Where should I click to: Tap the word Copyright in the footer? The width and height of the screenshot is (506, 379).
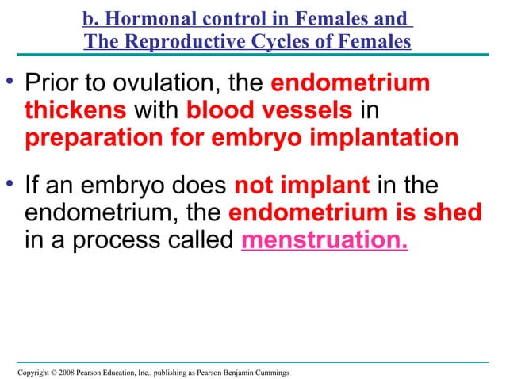tap(32, 371)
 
